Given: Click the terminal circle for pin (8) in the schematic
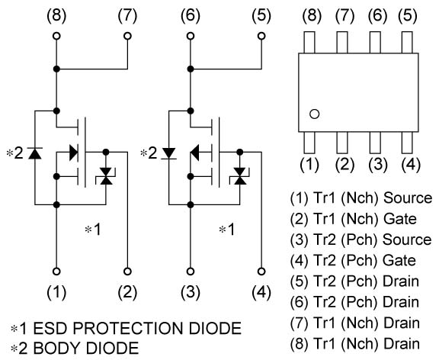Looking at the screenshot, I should point(57,36).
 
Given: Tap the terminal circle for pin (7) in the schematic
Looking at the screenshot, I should point(127,36).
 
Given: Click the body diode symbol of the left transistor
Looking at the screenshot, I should point(34,153).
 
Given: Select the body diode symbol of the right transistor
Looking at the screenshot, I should point(168,153).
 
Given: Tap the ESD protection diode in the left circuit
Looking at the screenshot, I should point(106,177).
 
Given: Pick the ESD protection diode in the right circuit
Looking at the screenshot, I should point(241,177).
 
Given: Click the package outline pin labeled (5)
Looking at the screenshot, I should point(409,42).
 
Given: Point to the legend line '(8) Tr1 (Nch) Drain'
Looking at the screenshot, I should point(354,342).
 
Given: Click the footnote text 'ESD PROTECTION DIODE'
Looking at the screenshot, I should point(134,329).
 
